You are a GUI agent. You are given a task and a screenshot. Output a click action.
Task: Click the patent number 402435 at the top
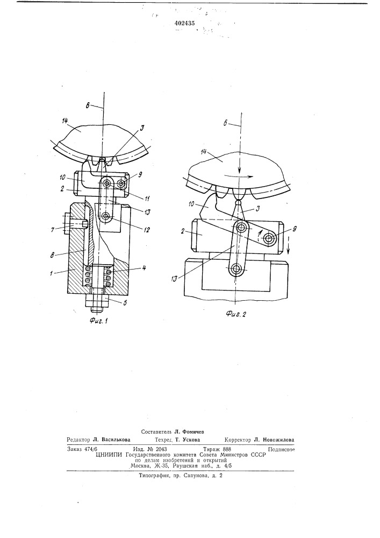point(184,24)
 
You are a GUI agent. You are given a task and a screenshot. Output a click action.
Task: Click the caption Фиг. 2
point(236,314)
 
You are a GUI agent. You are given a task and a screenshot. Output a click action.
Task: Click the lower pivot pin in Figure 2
point(236,270)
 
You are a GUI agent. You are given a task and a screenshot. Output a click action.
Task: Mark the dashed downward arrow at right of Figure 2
point(288,245)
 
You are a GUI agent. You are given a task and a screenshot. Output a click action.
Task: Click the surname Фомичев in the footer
point(192,431)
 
